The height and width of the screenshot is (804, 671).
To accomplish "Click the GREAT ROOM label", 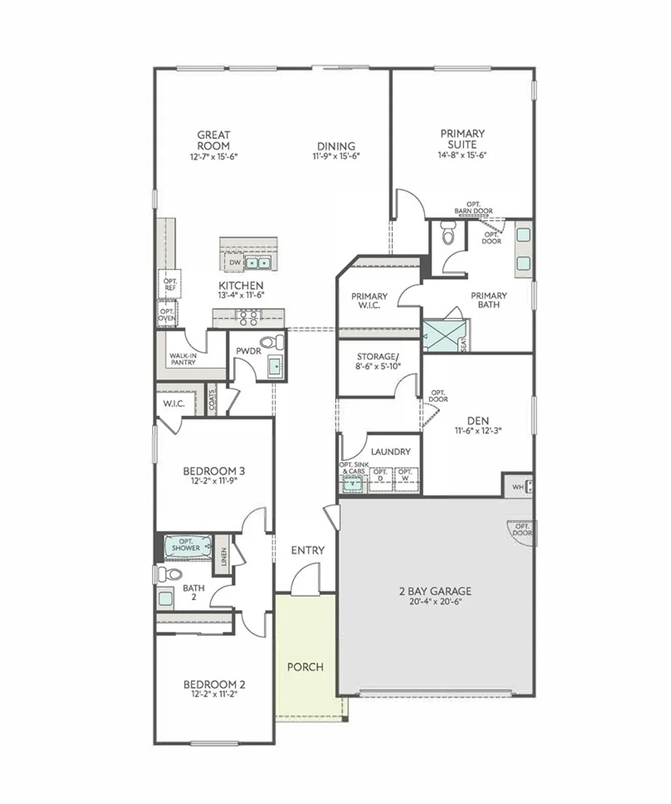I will (x=214, y=140).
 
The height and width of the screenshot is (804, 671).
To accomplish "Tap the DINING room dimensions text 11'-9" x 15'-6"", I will (x=336, y=157).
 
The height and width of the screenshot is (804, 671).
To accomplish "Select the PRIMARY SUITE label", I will (x=462, y=139).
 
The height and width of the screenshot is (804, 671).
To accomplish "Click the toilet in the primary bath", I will (x=449, y=233).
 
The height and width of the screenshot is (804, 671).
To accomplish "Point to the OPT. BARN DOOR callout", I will (x=473, y=208).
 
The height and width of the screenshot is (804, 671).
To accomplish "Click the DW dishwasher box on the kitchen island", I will (x=235, y=263).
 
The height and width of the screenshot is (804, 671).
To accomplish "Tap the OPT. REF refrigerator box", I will (x=170, y=284).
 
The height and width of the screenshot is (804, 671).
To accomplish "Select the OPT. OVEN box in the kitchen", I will (x=167, y=315).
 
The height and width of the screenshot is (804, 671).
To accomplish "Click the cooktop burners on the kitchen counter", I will (x=248, y=318).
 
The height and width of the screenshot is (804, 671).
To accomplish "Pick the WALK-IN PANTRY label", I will (x=183, y=358).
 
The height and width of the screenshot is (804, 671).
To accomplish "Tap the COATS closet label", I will (x=212, y=400).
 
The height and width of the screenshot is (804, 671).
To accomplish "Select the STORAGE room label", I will (x=378, y=356).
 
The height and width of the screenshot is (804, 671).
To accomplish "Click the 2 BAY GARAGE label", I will (x=435, y=591).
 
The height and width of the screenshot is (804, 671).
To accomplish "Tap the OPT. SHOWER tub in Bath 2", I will (x=187, y=545).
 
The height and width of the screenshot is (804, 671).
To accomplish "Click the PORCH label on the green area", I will (x=305, y=667).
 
